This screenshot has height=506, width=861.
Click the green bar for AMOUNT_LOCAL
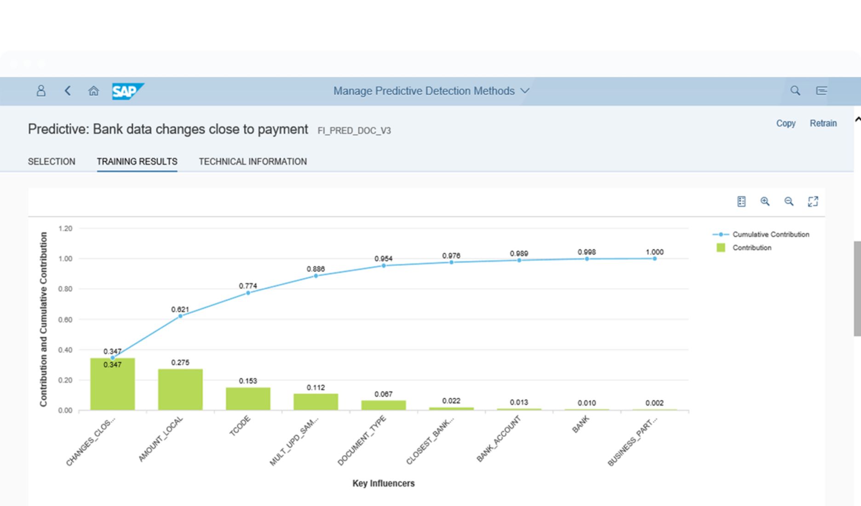click(180, 389)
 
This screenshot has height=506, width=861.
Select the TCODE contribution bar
click(248, 398)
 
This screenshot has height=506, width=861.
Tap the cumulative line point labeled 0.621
click(180, 316)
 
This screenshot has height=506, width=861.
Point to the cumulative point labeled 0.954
click(384, 265)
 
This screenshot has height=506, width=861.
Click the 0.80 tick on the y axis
click(65, 289)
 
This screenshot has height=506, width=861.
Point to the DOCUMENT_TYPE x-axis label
click(362, 440)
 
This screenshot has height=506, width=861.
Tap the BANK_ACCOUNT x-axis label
click(499, 438)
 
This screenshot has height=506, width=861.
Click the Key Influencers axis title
click(384, 483)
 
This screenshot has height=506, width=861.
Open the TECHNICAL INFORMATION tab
click(253, 161)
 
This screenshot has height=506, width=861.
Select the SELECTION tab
click(52, 161)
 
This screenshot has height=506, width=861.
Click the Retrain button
click(823, 123)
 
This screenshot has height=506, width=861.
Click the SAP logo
click(127, 91)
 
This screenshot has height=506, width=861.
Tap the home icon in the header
click(93, 91)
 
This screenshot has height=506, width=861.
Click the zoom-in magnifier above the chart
click(765, 201)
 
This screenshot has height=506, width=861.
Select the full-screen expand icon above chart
click(813, 201)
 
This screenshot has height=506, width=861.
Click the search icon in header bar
click(795, 91)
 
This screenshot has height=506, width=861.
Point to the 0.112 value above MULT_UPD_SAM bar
click(316, 388)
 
